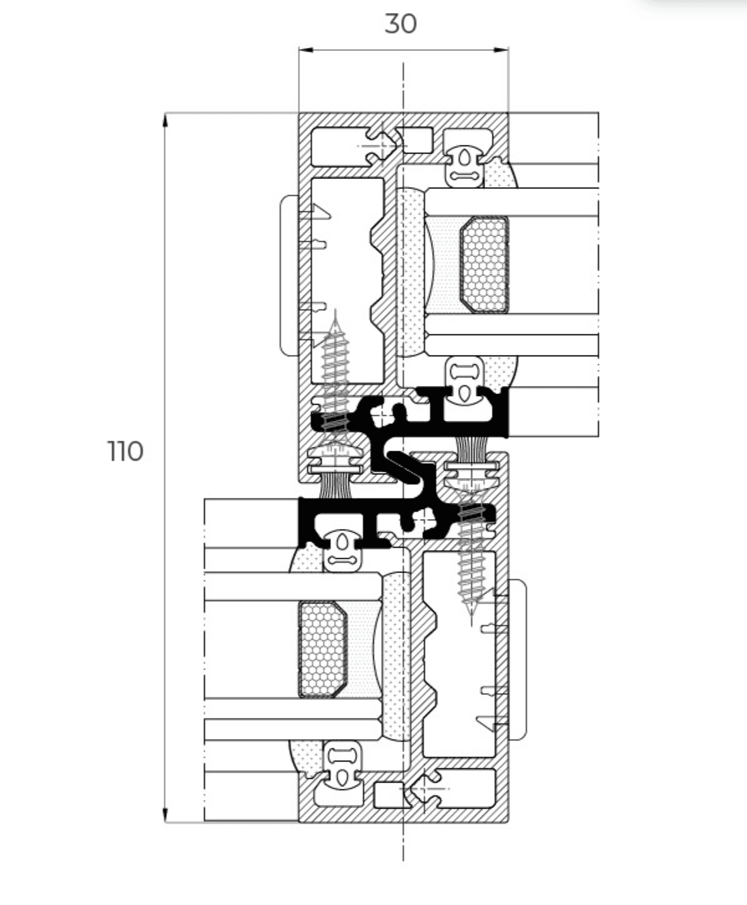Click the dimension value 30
pyautogui.click(x=400, y=24)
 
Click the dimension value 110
pyautogui.click(x=125, y=451)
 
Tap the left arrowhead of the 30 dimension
pyautogui.click(x=306, y=50)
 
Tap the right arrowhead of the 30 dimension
pyautogui.click(x=502, y=50)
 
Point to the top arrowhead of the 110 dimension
pyautogui.click(x=165, y=120)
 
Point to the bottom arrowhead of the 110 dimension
pyautogui.click(x=165, y=814)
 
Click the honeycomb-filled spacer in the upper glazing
pyautogui.click(x=484, y=265)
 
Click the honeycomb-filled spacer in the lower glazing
pyautogui.click(x=323, y=650)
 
